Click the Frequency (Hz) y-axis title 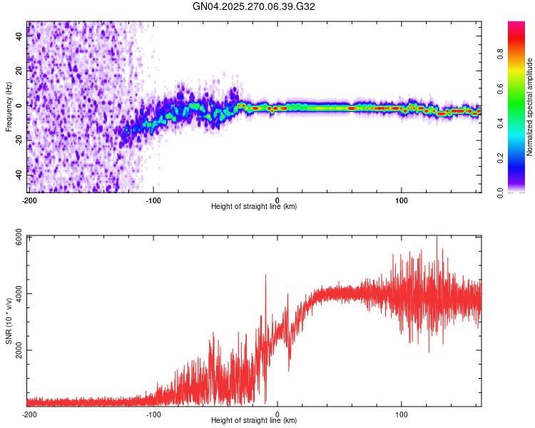pyautogui.click(x=9, y=106)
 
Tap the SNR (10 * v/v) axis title pyautogui.click(x=9, y=320)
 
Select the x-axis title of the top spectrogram pyautogui.click(x=254, y=206)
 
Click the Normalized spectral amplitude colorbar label pyautogui.click(x=530, y=108)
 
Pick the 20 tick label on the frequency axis pyautogui.click(x=19, y=71)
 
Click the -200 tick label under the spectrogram pyautogui.click(x=29, y=199)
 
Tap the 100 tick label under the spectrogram pyautogui.click(x=402, y=199)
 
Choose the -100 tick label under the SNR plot pyautogui.click(x=153, y=413)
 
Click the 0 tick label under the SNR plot pyautogui.click(x=277, y=413)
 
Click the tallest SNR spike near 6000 pyautogui.click(x=437, y=238)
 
